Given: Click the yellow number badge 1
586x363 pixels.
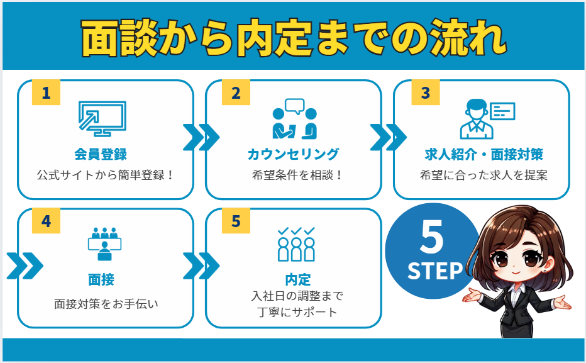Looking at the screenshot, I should tap(46, 93).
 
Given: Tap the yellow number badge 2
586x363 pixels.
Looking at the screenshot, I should tap(236, 93).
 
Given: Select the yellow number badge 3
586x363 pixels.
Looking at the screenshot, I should tap(426, 93).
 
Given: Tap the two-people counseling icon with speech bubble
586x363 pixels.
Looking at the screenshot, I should tap(294, 119).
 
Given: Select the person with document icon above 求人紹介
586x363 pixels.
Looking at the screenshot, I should tap(487, 119).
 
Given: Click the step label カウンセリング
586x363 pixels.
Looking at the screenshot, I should tap(294, 154).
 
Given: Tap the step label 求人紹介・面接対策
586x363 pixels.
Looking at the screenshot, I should tap(484, 154).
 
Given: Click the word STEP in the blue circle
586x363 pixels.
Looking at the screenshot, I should tap(434, 271).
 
